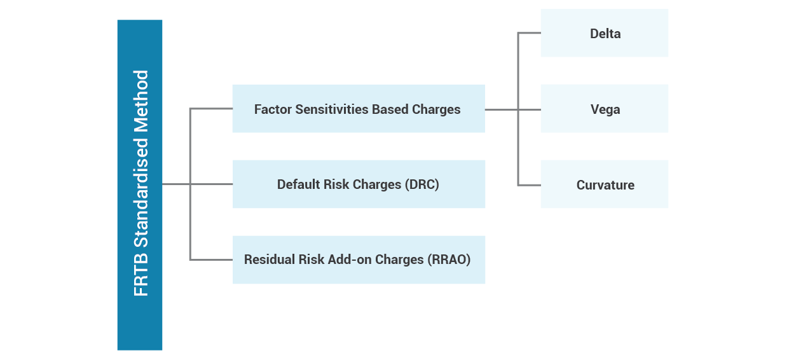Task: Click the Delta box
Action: [605, 33]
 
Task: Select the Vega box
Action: [605, 109]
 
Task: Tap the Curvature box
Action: [605, 184]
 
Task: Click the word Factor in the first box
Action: [273, 109]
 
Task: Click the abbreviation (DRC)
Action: [422, 184]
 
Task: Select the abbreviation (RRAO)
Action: [449, 260]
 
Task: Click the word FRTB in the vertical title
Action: [141, 279]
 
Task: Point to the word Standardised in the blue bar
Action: [141, 193]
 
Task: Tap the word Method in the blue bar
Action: [141, 101]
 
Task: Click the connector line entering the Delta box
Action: [530, 33]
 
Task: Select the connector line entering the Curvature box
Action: [530, 185]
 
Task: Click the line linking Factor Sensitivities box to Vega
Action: [513, 109]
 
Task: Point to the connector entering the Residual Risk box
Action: [211, 260]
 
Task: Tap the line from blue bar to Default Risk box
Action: [197, 184]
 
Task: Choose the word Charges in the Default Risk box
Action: [377, 184]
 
